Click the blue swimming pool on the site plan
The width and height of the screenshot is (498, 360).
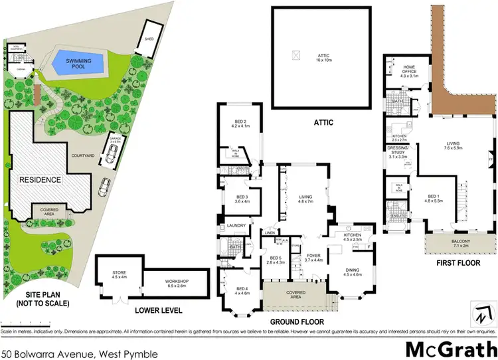tap(79, 63)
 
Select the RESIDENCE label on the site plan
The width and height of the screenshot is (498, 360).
tap(40, 179)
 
